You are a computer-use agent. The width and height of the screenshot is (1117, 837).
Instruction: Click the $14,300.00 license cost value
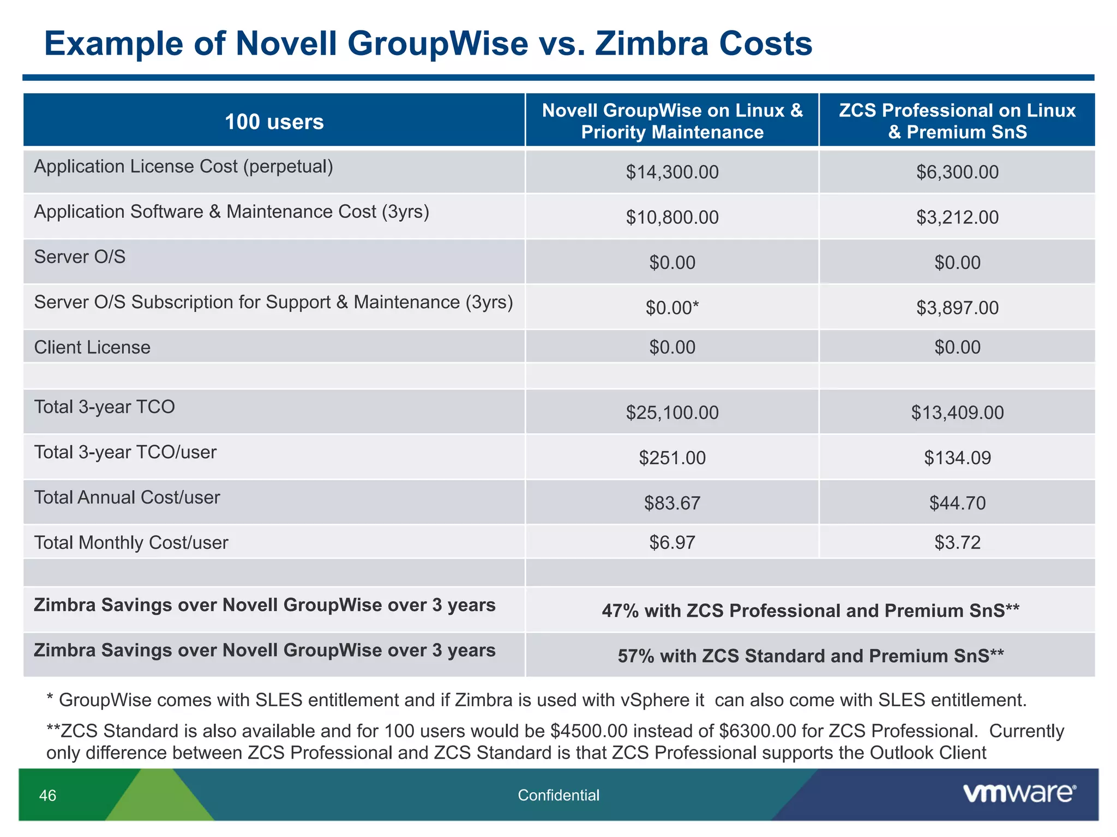click(672, 172)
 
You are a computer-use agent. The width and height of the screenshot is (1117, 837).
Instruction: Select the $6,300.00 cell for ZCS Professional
click(957, 172)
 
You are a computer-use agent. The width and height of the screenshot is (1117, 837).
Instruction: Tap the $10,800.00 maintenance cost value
click(672, 217)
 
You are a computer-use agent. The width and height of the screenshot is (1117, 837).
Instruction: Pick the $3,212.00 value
click(957, 217)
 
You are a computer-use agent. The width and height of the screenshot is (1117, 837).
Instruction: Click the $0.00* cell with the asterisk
click(672, 308)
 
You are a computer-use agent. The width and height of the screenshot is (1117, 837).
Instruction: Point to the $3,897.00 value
click(957, 308)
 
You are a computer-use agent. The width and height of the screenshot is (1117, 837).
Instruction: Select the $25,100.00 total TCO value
click(672, 413)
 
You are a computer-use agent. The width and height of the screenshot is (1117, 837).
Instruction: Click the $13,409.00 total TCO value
click(957, 413)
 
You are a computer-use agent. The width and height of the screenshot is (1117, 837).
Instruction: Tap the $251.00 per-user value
click(672, 458)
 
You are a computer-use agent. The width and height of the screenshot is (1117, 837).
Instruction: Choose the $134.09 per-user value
click(957, 458)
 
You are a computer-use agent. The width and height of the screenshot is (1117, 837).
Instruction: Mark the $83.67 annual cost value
click(672, 503)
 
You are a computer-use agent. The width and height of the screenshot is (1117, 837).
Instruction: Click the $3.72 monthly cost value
click(957, 543)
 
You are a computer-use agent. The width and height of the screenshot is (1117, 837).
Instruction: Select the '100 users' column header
click(274, 122)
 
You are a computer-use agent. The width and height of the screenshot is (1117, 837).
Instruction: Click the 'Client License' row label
click(92, 348)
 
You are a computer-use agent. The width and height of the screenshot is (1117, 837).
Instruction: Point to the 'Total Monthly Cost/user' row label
click(131, 543)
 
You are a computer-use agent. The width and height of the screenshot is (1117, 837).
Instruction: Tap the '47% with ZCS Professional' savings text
click(810, 611)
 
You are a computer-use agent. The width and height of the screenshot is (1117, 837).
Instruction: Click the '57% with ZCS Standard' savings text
click(810, 656)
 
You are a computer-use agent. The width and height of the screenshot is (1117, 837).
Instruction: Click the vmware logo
click(1019, 793)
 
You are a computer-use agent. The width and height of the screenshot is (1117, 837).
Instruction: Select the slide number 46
click(48, 796)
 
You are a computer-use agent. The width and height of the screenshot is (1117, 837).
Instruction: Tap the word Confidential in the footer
click(558, 796)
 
